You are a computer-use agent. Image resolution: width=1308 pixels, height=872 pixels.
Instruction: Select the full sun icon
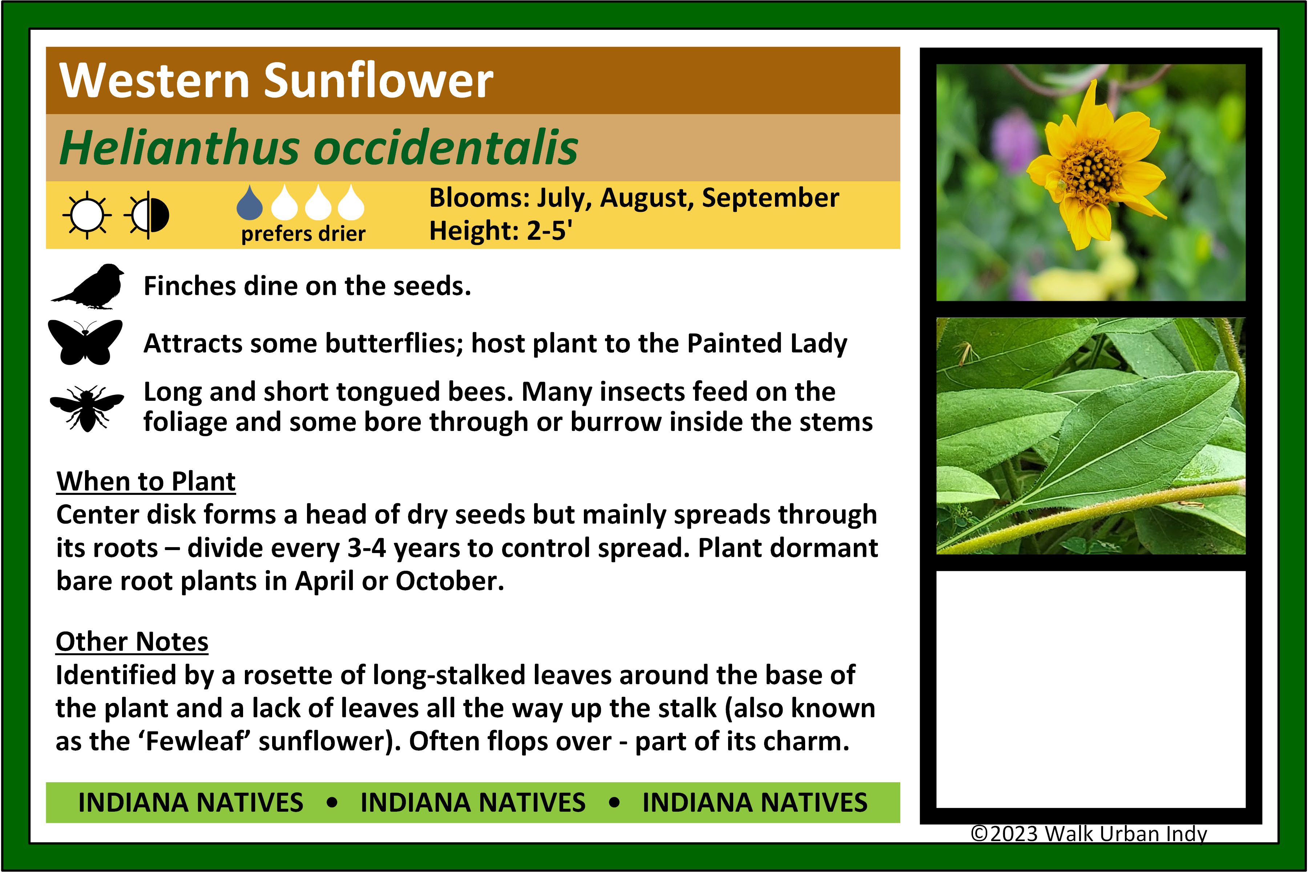coord(87,215)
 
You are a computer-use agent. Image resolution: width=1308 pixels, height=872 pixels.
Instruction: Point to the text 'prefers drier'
coord(303,234)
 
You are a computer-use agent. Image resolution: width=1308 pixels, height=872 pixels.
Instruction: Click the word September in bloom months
coord(770,198)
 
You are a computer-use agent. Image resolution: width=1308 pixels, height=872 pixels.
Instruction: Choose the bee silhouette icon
coord(87,408)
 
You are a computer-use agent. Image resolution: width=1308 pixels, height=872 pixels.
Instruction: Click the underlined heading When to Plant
coord(146,482)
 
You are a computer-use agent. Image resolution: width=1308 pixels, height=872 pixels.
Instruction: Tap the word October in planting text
coord(449,581)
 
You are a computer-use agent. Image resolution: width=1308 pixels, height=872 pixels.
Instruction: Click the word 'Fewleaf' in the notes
coord(195,741)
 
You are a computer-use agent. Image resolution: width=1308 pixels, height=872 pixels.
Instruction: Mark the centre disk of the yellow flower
coord(1091,168)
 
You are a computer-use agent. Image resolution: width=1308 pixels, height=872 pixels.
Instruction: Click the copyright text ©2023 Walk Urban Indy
coord(1089,834)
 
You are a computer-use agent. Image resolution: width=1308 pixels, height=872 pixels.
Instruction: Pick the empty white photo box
coord(1091,689)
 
